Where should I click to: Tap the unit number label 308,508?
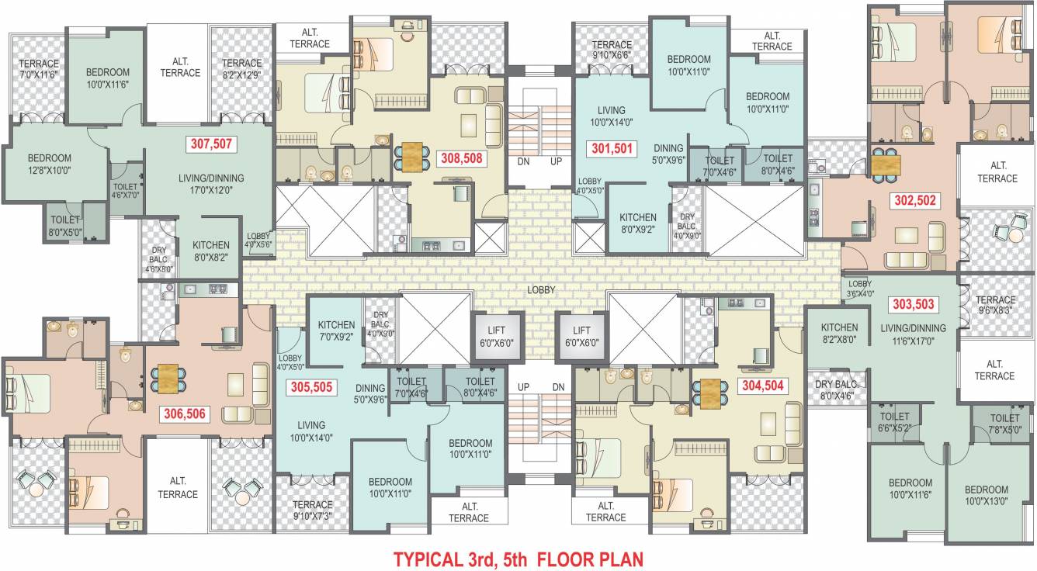462,158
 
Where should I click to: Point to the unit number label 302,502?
914,200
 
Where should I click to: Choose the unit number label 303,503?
913,304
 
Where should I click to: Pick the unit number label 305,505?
311,387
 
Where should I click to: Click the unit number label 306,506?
184,414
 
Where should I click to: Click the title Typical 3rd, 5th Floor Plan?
518,559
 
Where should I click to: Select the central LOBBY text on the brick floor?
541,290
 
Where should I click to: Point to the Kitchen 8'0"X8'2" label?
211,251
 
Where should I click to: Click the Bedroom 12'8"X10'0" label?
49,164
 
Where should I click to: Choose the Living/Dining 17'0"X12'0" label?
210,183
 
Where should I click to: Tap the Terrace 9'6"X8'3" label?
995,304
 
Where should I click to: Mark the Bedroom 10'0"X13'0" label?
987,495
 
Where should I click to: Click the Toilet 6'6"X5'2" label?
894,421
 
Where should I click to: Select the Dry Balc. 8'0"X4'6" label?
835,389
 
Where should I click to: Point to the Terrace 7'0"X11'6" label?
39,69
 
